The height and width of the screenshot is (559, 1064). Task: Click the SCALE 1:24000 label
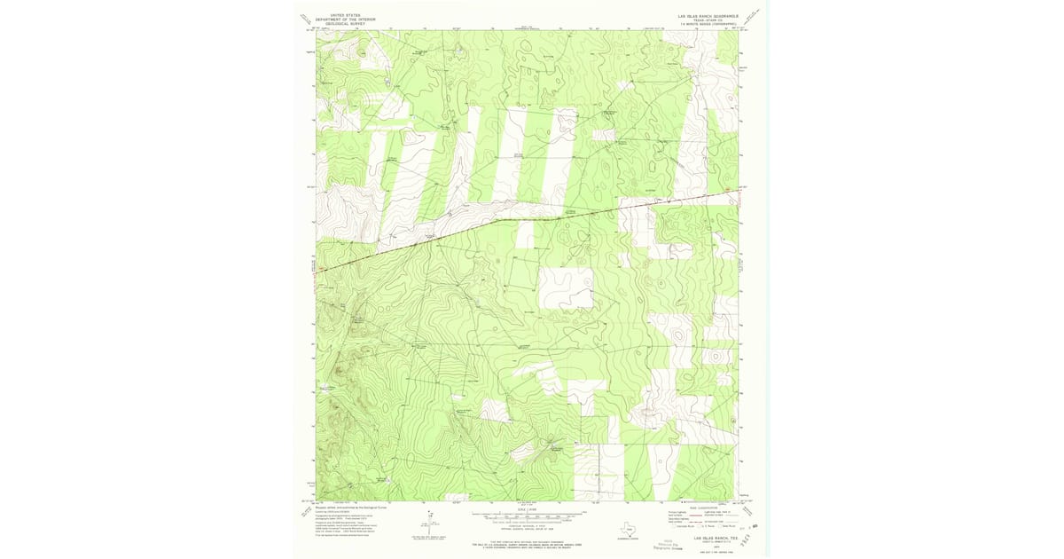pyautogui.click(x=530, y=509)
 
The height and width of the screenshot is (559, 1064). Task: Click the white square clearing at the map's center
pyautogui.click(x=565, y=288)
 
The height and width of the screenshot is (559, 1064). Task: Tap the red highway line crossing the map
pyautogui.click(x=532, y=217)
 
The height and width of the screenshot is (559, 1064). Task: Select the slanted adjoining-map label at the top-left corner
pyautogui.click(x=307, y=20)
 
